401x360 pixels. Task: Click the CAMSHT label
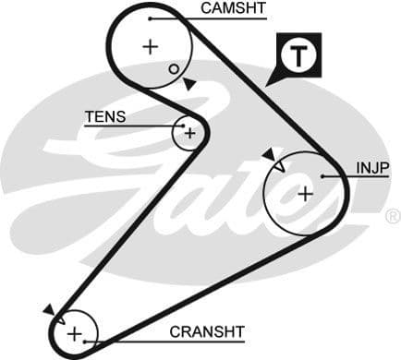(x=233, y=8)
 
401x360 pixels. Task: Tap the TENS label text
(x=104, y=117)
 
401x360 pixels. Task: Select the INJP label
(x=372, y=167)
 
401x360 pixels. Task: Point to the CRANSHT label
(x=206, y=331)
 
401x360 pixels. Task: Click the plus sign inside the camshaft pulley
(x=151, y=46)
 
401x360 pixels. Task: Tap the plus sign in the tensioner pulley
(x=188, y=133)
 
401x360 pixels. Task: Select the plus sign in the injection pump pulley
(x=305, y=193)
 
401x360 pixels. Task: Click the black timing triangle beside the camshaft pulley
(x=188, y=84)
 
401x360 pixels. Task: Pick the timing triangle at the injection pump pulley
(x=268, y=153)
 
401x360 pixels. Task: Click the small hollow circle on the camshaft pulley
(x=173, y=68)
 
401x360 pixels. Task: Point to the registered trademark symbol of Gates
(x=392, y=218)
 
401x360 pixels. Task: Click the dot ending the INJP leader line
(x=322, y=175)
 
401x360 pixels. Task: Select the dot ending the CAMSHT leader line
(x=149, y=17)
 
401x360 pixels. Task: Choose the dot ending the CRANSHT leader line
(x=86, y=341)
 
